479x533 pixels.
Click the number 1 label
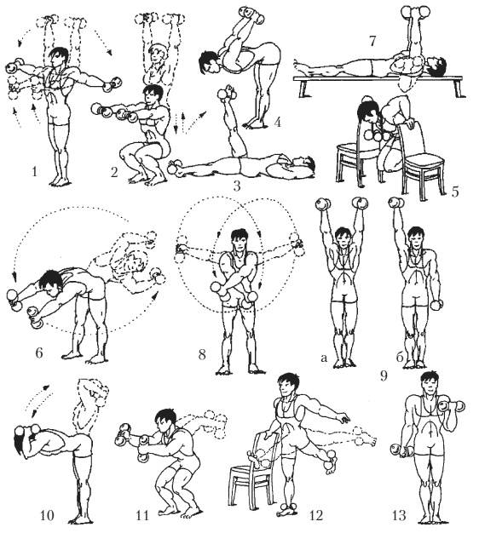pyautogui.click(x=34, y=172)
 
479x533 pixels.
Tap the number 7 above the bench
pyautogui.click(x=372, y=41)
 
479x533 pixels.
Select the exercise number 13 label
pyautogui.click(x=399, y=515)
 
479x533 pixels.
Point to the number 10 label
pyautogui.click(x=47, y=515)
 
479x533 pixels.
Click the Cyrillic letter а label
pyautogui.click(x=324, y=357)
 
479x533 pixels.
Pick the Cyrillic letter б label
pyautogui.click(x=400, y=356)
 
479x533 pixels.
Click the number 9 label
pyautogui.click(x=384, y=375)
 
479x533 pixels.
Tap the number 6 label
pyautogui.click(x=39, y=352)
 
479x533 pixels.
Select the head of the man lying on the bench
pyautogui.click(x=436, y=66)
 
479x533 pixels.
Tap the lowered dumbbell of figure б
pyautogui.click(x=436, y=304)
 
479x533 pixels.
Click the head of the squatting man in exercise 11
pyautogui.click(x=165, y=420)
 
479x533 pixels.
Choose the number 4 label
pyautogui.click(x=277, y=122)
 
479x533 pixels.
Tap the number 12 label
pyautogui.click(x=315, y=515)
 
